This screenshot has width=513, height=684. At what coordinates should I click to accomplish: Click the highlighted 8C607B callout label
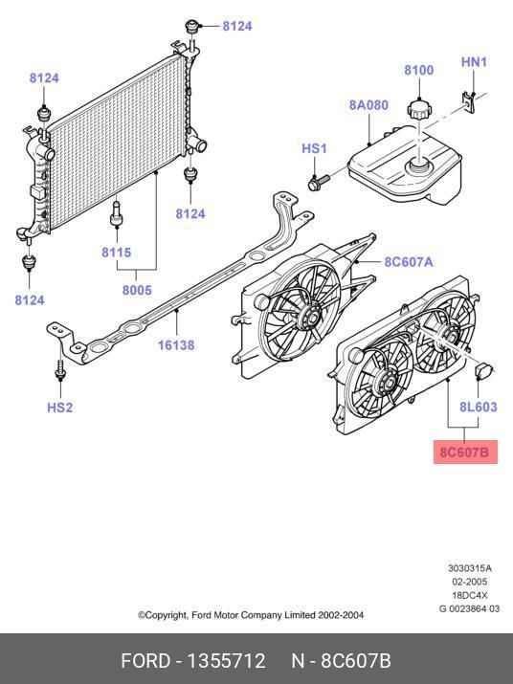465,452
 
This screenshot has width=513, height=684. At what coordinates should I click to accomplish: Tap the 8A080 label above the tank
368,105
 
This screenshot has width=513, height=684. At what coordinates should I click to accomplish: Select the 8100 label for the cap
418,70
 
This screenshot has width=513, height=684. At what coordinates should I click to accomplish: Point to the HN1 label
474,62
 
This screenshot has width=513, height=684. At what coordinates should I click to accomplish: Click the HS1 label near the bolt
314,148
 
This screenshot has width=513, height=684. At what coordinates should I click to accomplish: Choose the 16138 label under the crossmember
176,345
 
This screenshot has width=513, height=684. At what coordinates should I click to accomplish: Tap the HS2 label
59,408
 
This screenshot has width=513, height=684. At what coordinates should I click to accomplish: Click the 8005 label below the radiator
137,290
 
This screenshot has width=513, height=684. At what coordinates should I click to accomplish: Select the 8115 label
116,253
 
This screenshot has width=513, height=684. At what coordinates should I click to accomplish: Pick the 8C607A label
409,262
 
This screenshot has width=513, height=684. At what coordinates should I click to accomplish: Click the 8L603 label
479,407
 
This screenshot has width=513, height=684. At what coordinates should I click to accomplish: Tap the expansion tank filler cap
418,109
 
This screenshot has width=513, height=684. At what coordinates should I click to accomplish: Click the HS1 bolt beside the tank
319,182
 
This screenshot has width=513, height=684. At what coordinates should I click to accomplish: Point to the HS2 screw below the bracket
59,369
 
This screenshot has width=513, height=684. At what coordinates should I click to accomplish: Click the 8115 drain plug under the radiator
116,213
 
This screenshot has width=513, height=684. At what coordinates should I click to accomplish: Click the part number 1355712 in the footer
226,660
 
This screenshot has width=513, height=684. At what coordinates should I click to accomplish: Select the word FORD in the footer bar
145,660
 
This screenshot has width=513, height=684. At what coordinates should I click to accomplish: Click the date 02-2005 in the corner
469,582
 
